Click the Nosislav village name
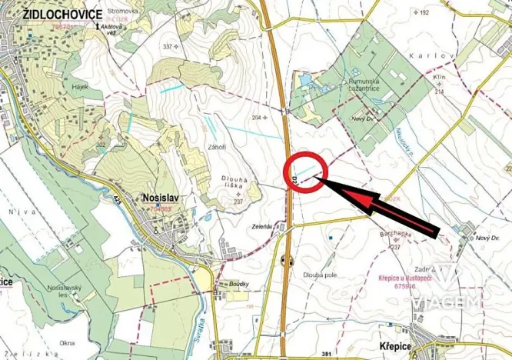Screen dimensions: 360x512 click(x=161, y=197)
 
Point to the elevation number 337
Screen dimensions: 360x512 click(x=168, y=47)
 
